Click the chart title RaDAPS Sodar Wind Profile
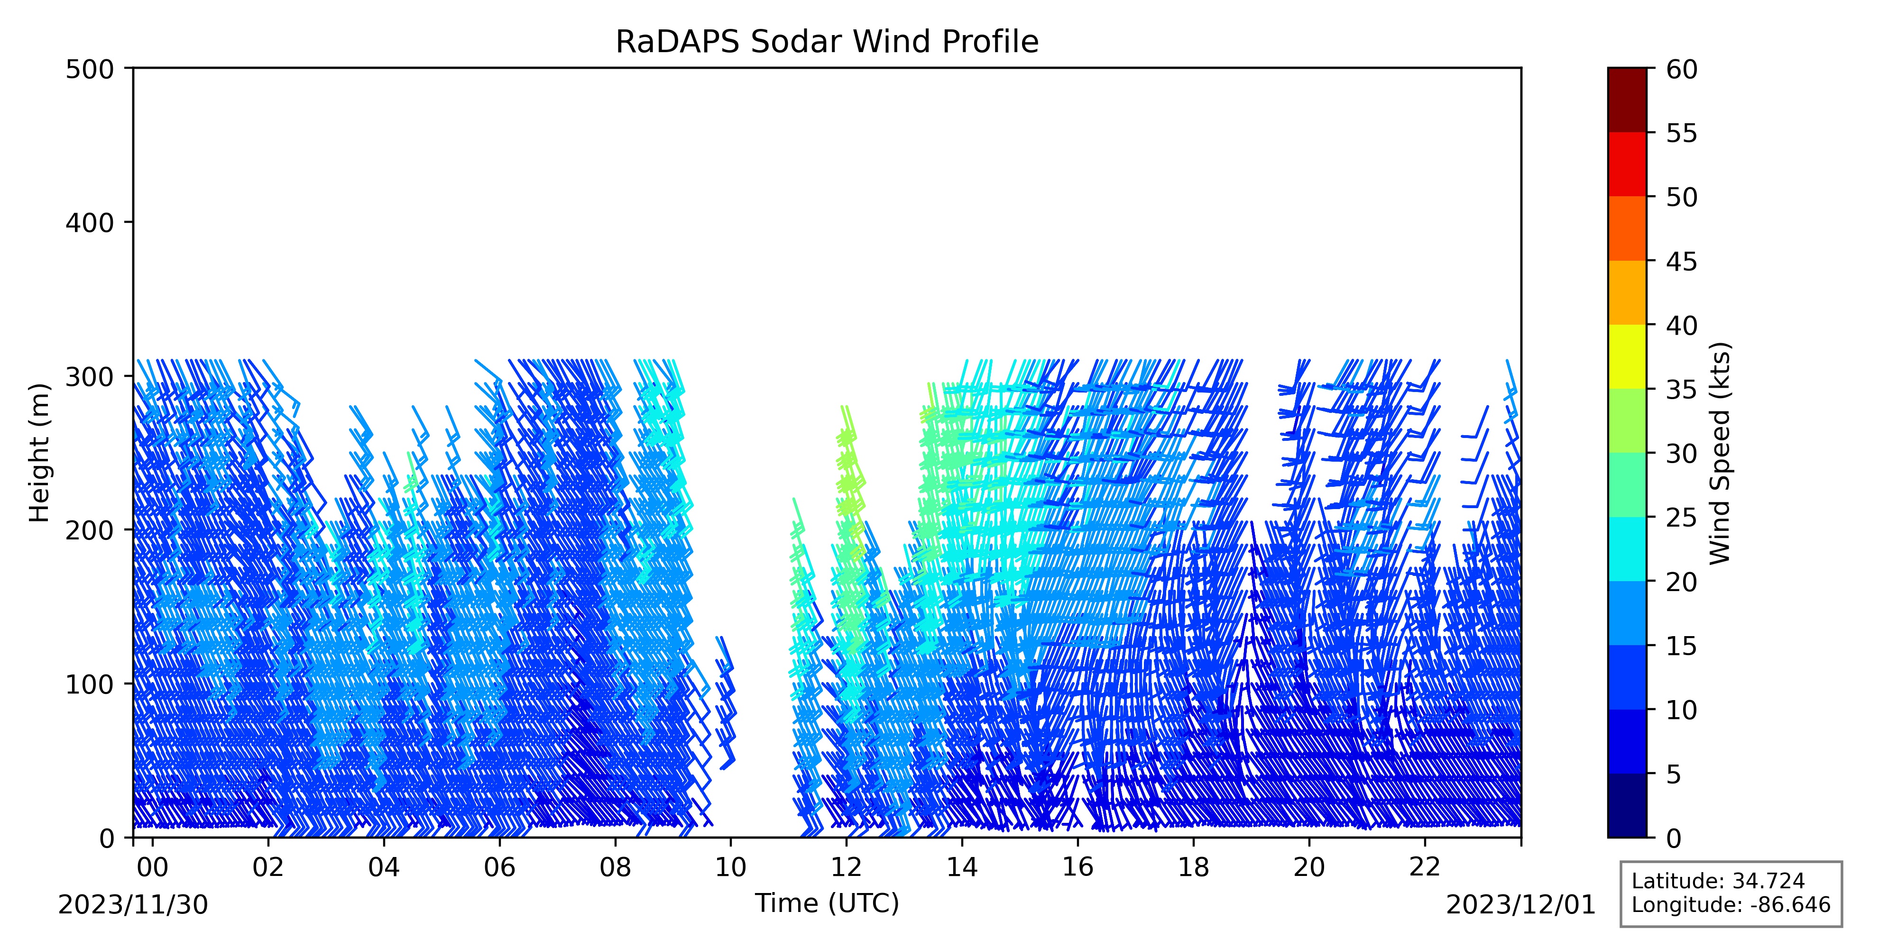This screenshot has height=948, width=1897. click(827, 42)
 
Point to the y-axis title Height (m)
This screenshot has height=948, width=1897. click(40, 453)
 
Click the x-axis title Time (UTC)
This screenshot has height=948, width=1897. click(827, 903)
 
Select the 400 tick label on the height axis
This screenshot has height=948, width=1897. click(89, 222)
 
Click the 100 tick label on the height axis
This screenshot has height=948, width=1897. click(89, 684)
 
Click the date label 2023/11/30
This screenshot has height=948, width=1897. click(133, 904)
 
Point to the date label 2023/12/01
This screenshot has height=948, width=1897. click(1521, 904)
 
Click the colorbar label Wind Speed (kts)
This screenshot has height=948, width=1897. click(1720, 453)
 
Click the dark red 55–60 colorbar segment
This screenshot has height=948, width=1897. click(1627, 100)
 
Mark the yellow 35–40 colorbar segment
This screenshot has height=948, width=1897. click(1627, 356)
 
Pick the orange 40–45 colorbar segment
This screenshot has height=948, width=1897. click(1627, 292)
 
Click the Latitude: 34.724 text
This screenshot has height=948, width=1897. click(1718, 881)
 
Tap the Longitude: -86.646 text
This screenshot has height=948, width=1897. click(1731, 904)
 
